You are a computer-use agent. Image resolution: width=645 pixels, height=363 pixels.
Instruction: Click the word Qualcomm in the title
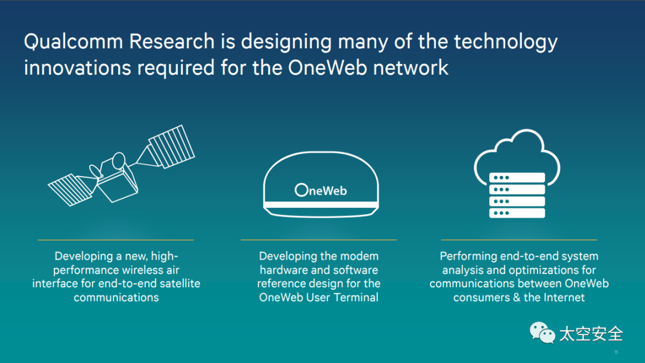click(x=72, y=42)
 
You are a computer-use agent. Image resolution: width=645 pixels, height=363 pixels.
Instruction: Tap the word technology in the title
click(x=505, y=42)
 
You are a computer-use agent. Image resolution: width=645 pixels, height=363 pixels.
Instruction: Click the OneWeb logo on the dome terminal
click(x=321, y=190)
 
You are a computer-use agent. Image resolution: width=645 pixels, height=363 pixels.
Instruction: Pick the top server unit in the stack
click(x=517, y=177)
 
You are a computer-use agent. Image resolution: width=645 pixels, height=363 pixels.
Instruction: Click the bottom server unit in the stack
click(x=517, y=213)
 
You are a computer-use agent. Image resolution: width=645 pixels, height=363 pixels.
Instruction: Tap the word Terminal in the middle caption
click(x=356, y=297)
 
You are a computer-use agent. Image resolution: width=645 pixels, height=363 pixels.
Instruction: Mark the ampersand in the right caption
click(x=516, y=297)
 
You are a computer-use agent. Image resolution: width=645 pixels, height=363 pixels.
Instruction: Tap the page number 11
click(x=616, y=352)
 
